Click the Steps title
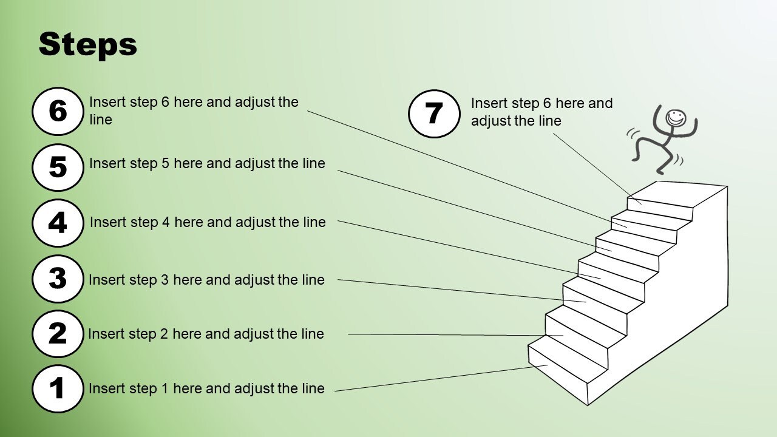pyautogui.click(x=88, y=45)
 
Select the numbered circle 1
pyautogui.click(x=58, y=389)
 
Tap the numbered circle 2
pyautogui.click(x=58, y=334)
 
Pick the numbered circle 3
pyautogui.click(x=58, y=279)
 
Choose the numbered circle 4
pyautogui.click(x=58, y=223)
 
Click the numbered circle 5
pyautogui.click(x=58, y=168)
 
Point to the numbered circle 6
pyautogui.click(x=58, y=111)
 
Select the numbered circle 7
pyautogui.click(x=434, y=113)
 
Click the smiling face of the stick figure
pyautogui.click(x=676, y=118)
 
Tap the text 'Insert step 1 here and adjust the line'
pyautogui.click(x=207, y=388)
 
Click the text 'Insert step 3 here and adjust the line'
pyautogui.click(x=207, y=280)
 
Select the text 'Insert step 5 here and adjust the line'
pyautogui.click(x=208, y=163)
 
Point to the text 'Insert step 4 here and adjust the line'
pyautogui.click(x=208, y=222)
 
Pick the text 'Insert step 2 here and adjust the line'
pyautogui.click(x=206, y=334)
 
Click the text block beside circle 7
pyautogui.click(x=542, y=112)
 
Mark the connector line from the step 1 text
pyautogui.click(x=441, y=378)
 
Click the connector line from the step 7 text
pyautogui.click(x=597, y=169)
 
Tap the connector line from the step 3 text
pyautogui.click(x=462, y=291)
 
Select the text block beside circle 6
pyautogui.click(x=194, y=110)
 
